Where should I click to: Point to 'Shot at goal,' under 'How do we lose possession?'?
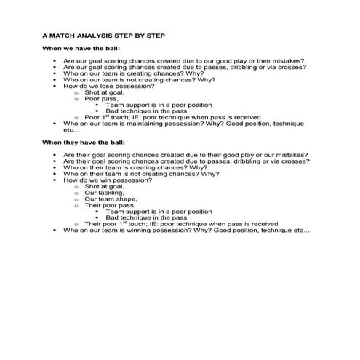(104, 92)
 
